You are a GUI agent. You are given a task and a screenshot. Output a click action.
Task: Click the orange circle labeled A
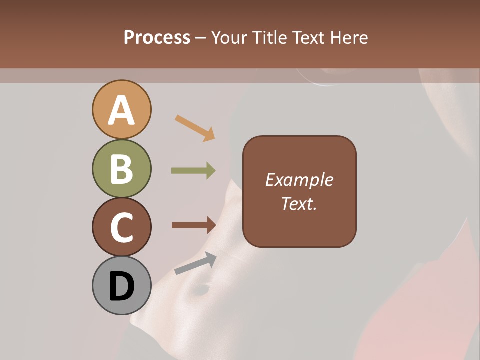point(121,109)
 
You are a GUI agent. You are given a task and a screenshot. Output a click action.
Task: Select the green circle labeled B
point(121,168)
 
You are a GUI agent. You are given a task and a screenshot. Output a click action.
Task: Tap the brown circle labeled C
point(121,227)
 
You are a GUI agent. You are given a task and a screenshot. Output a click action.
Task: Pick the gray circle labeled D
point(121,285)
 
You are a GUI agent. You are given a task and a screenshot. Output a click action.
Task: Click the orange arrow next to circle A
point(195,128)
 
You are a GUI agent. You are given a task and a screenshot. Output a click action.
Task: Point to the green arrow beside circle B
point(193,171)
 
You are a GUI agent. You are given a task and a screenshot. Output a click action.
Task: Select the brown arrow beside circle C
point(193,225)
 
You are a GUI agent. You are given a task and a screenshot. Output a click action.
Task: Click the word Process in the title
point(157,38)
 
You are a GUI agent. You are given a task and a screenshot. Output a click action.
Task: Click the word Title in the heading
point(270,38)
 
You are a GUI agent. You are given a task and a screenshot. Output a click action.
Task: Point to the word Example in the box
point(299,180)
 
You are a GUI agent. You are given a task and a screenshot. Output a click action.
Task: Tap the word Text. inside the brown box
point(299,203)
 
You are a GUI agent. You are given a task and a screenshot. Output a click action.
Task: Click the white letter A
point(121,110)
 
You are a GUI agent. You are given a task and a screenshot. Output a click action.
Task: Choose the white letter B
point(121,169)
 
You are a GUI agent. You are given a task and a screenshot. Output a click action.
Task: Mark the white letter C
point(121,227)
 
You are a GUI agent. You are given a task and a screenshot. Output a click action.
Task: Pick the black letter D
point(121,287)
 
